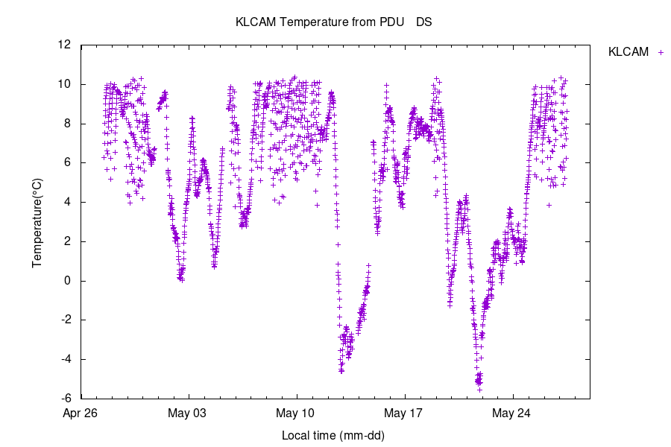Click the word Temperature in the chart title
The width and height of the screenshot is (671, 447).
click(x=312, y=22)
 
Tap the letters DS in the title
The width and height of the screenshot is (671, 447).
click(x=423, y=22)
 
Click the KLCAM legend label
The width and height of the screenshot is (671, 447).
click(x=628, y=52)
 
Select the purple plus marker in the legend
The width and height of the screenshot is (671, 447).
click(x=659, y=52)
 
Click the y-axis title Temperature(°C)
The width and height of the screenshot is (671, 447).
click(x=37, y=221)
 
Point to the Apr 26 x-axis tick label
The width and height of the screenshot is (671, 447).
click(x=81, y=413)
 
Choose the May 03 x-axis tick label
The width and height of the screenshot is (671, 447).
click(x=189, y=413)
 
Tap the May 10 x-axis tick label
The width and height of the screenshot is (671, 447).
click(x=297, y=413)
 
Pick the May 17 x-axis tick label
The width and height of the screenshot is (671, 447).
click(x=405, y=413)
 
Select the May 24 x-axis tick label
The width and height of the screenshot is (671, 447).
click(x=513, y=413)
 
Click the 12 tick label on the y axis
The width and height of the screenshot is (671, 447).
click(x=65, y=45)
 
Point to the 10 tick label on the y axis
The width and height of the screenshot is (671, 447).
click(x=65, y=84)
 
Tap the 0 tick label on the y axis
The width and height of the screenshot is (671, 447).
click(x=68, y=281)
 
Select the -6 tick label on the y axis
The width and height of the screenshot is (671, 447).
click(x=66, y=399)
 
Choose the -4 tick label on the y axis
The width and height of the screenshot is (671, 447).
click(x=66, y=359)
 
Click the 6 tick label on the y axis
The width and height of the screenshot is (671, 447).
click(x=68, y=162)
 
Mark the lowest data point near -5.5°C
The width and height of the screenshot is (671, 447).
click(x=479, y=390)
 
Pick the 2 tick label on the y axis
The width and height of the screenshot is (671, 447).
click(x=68, y=241)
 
